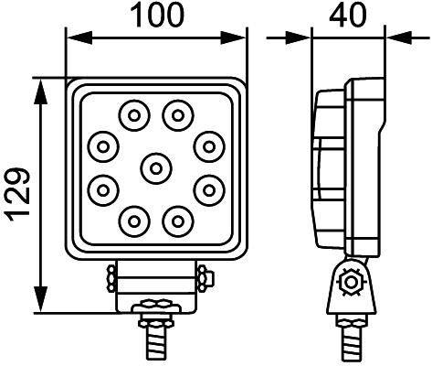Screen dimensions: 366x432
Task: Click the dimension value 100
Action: click(x=156, y=15)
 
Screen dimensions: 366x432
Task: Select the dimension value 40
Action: click(x=347, y=15)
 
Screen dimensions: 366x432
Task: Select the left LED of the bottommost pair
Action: click(x=134, y=220)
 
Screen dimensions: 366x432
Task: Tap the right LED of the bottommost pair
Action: click(x=177, y=220)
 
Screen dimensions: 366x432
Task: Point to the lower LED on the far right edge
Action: click(x=209, y=189)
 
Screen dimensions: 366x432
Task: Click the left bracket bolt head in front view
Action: click(x=111, y=274)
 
